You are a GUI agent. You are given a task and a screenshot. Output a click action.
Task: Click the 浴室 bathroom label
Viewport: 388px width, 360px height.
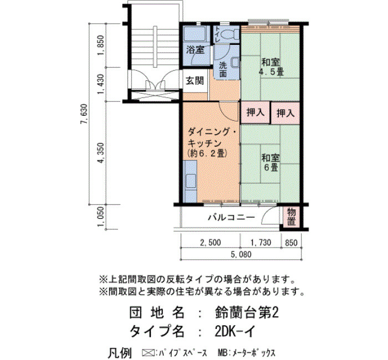195,50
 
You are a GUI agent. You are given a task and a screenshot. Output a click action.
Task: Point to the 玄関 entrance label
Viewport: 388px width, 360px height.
195,81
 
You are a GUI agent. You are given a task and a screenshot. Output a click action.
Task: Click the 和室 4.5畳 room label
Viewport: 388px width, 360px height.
271,67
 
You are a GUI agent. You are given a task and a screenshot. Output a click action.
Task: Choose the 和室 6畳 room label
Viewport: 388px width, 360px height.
271,162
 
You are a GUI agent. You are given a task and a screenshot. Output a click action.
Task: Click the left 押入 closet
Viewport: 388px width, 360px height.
256,112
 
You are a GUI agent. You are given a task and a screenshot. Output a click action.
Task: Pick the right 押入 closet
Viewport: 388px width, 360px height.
285,113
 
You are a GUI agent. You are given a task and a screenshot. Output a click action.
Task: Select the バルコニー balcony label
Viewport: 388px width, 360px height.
231,217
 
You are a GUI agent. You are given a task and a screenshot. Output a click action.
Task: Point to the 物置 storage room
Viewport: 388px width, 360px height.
291,217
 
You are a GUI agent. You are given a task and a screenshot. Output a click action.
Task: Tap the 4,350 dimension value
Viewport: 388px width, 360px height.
101,153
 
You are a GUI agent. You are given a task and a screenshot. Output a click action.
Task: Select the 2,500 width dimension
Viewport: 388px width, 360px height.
211,243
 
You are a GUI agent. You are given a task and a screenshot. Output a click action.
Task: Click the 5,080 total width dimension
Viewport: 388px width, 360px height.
241,254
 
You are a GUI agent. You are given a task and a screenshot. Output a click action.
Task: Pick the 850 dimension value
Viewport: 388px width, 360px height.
291,243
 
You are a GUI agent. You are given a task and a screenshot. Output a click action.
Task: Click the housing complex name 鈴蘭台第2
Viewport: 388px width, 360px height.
247,313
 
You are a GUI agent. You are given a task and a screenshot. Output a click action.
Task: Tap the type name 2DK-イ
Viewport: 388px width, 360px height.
235,331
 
